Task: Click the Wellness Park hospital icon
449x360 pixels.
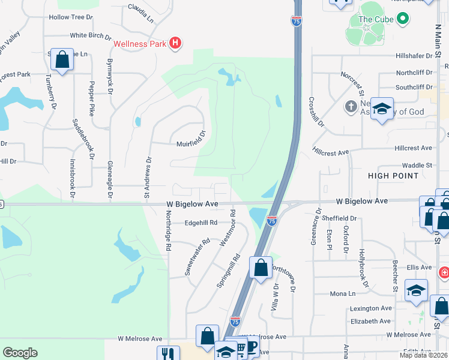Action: point(175,43)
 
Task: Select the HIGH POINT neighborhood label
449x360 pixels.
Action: point(394,176)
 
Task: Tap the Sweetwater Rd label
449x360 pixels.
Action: point(197,257)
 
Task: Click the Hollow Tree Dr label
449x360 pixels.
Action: point(71,17)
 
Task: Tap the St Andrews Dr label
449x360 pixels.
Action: point(147,178)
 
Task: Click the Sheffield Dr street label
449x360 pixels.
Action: point(342,219)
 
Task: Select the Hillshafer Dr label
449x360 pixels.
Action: point(414,56)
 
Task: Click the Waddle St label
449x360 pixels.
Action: point(417,165)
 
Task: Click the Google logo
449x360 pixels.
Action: point(20,353)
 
